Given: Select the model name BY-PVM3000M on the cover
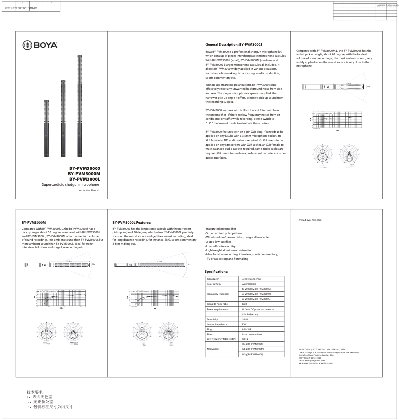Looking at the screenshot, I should coord(84,174).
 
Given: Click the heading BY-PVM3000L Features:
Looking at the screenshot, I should coord(132,222).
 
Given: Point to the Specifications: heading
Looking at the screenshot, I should coord(217,272).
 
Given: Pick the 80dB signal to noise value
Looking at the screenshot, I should coord(244,303).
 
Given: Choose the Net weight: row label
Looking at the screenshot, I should coord(213,349).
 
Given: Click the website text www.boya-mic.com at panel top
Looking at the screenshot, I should coord(310,219).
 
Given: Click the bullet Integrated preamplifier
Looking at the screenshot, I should coord(221,229).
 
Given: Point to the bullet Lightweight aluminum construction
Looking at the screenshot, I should coord(229,250).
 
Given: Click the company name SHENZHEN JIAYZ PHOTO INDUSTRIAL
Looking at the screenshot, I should coord(322,350).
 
